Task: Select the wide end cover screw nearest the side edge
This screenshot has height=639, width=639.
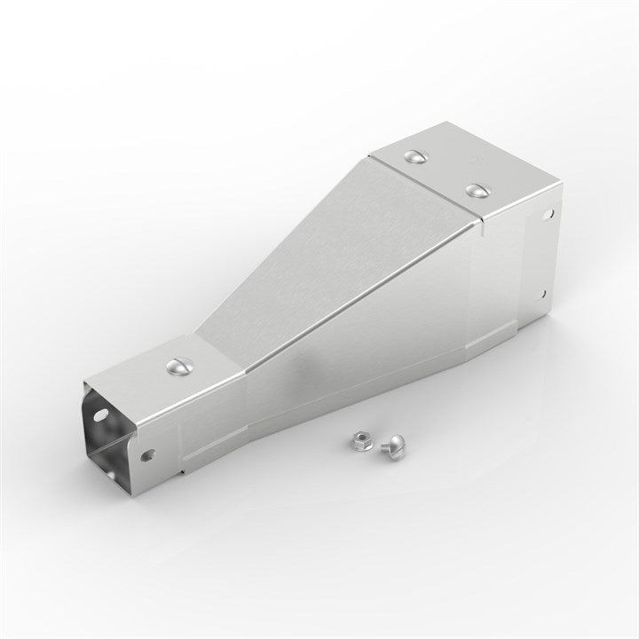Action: point(477,190)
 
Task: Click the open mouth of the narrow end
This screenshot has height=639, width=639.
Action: point(106,426)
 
